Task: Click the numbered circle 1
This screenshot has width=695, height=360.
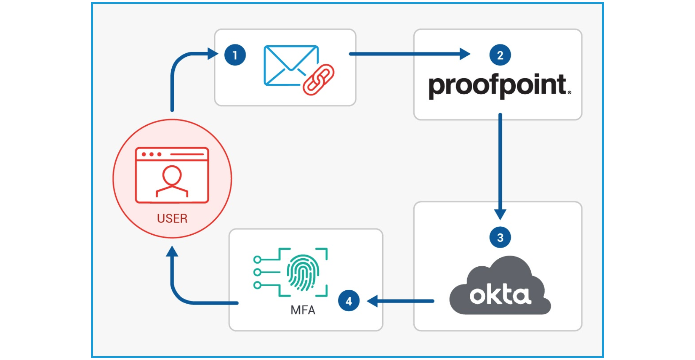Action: [x=235, y=55]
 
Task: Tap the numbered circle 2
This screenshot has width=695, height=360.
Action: [x=500, y=55]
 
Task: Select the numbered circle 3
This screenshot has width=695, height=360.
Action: [x=500, y=237]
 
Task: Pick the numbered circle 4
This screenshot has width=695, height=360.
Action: [x=349, y=301]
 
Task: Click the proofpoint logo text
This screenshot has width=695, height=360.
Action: [x=498, y=85]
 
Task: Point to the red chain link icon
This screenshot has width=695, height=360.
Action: [x=318, y=80]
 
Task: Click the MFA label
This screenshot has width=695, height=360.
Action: [x=303, y=310]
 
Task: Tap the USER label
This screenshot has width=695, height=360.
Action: [x=172, y=218]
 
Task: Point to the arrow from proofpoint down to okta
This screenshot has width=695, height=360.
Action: [x=500, y=164]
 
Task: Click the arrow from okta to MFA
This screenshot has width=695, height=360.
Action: [x=400, y=301]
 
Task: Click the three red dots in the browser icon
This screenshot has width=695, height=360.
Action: [x=151, y=154]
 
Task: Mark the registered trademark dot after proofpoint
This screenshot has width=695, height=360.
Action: [x=569, y=93]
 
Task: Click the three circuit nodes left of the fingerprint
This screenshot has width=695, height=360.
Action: [x=257, y=272]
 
